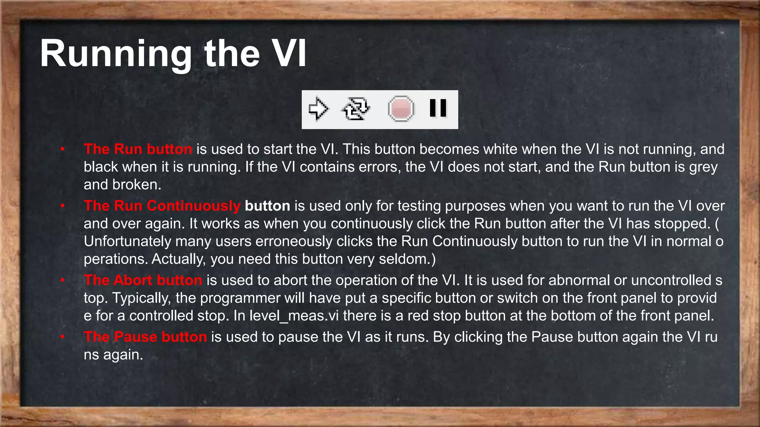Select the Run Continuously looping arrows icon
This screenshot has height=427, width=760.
click(x=356, y=109)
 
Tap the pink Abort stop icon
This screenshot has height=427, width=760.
click(x=401, y=109)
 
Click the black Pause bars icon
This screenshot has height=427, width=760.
click(x=438, y=108)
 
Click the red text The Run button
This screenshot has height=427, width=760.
click(x=138, y=149)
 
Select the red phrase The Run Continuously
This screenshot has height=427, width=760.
click(x=162, y=206)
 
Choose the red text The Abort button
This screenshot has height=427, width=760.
click(x=143, y=280)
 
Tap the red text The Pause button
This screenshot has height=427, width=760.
click(x=145, y=337)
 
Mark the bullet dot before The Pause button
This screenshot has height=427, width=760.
click(x=63, y=337)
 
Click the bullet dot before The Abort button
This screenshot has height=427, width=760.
click(x=63, y=280)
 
